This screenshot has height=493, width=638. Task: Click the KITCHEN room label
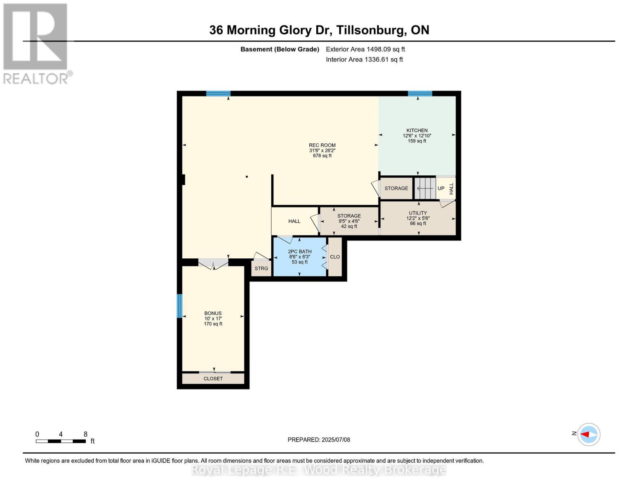tap(417, 130)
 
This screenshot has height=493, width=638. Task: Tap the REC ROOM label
tap(322, 145)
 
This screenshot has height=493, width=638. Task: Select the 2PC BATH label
tap(299, 251)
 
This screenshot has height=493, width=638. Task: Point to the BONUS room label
tap(213, 313)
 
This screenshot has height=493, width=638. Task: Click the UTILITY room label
tap(418, 213)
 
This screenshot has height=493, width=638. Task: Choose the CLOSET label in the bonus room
tap(213, 378)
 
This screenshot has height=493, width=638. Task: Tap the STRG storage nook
tap(261, 269)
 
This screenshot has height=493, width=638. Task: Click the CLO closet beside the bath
tap(335, 257)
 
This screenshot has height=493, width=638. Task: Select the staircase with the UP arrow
tap(425, 189)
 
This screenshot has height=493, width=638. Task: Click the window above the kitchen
tap(420, 94)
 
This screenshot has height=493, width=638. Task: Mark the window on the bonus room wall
tap(179, 306)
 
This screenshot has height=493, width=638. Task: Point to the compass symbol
tap(589, 434)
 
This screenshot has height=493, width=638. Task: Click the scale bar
tap(61, 441)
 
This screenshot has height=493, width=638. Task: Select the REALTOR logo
tap(36, 44)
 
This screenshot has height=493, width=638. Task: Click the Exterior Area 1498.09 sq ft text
tap(365, 49)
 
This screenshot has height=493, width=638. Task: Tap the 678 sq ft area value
tap(322, 156)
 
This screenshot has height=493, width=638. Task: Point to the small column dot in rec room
tap(247, 177)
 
